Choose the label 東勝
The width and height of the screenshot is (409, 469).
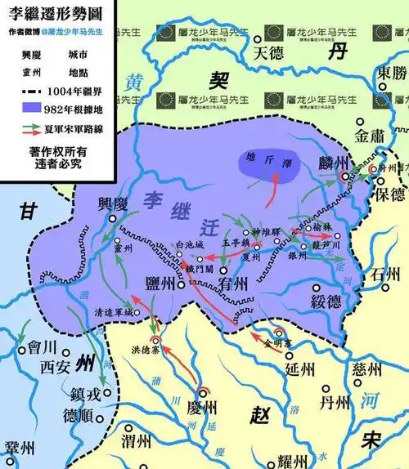tap(389, 73)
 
